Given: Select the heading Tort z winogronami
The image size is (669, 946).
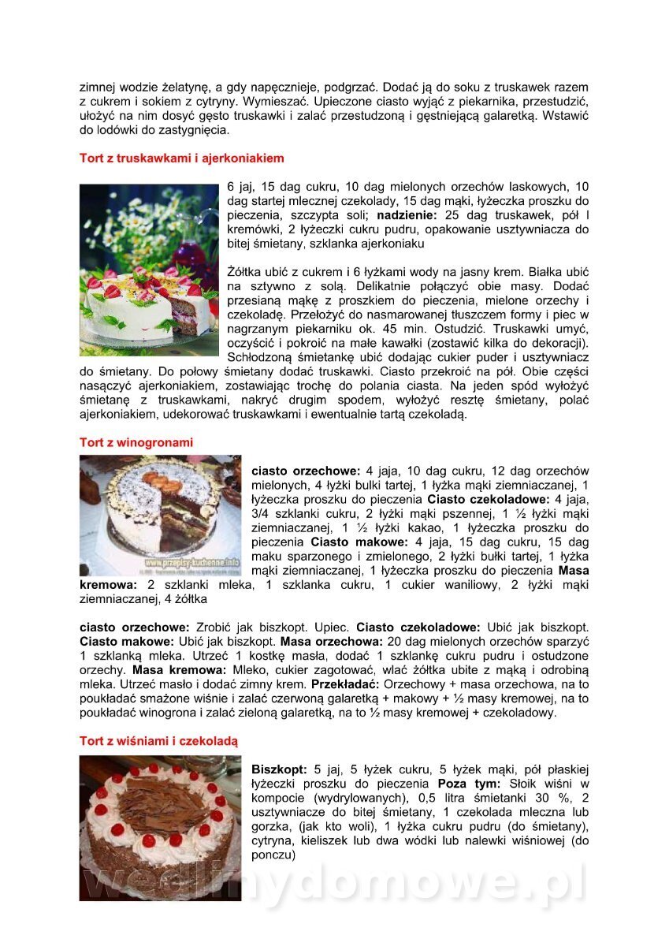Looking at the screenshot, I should (x=136, y=442).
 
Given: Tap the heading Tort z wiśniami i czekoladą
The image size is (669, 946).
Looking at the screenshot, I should (x=158, y=741).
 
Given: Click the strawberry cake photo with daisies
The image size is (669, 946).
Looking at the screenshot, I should (x=149, y=270).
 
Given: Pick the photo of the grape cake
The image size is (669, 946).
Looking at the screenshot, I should (x=160, y=515).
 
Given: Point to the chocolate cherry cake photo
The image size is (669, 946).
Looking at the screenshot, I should (x=160, y=828).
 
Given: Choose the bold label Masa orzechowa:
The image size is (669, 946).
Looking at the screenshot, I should (x=321, y=642).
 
